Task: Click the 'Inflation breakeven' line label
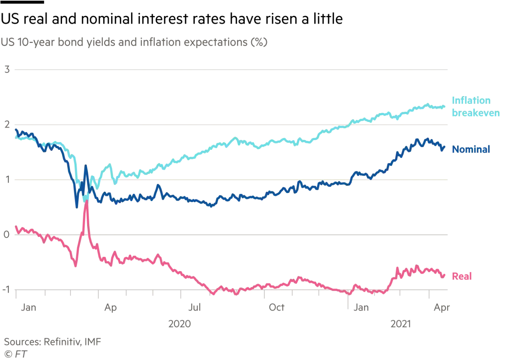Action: [x=475, y=107]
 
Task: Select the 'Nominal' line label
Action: [x=471, y=150]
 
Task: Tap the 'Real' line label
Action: [x=462, y=277]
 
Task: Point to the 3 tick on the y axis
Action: [x=7, y=69]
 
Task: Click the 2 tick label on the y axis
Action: [x=7, y=124]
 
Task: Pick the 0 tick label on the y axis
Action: [x=7, y=234]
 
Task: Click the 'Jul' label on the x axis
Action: [x=194, y=308]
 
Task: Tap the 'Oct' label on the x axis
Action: [x=276, y=308]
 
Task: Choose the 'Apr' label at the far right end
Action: [x=442, y=308]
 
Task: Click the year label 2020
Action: [x=179, y=324]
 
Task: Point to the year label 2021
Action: [x=400, y=324]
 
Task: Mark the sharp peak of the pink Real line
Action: [x=86, y=201]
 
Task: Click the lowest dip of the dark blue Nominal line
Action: [x=77, y=207]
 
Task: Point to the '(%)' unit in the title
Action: [x=258, y=42]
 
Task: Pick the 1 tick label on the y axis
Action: [x=7, y=180]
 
